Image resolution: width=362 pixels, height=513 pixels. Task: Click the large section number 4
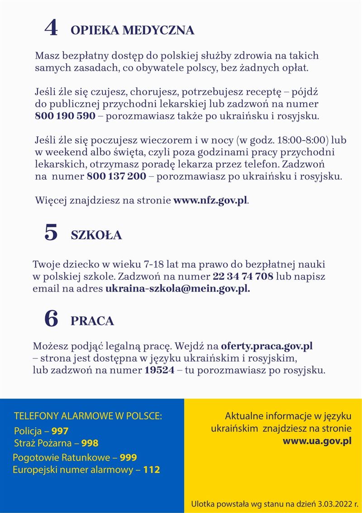pyautogui.click(x=51, y=28)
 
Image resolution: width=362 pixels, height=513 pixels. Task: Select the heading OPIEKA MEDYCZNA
pyautogui.click(x=133, y=30)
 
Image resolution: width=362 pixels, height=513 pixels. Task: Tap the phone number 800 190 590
pyautogui.click(x=65, y=116)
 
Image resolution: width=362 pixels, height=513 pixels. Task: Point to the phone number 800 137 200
pyautogui.click(x=116, y=176)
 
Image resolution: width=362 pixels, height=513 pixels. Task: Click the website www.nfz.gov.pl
pyautogui.click(x=210, y=200)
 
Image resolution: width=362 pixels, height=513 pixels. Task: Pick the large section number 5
pyautogui.click(x=51, y=233)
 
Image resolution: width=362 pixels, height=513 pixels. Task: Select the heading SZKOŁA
pyautogui.click(x=96, y=235)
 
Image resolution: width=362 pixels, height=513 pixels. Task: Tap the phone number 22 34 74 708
pyautogui.click(x=243, y=276)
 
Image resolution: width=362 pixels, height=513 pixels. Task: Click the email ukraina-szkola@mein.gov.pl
pyautogui.click(x=177, y=288)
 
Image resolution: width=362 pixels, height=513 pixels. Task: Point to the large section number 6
pyautogui.click(x=51, y=319)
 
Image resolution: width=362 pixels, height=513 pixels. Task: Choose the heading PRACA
pyautogui.click(x=92, y=321)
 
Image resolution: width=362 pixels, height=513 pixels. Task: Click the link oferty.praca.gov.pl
pyautogui.click(x=267, y=347)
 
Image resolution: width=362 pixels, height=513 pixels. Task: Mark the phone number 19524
pyautogui.click(x=159, y=371)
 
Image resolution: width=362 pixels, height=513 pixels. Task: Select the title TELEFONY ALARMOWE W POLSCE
pyautogui.click(x=88, y=416)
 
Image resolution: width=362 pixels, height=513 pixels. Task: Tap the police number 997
pyautogui.click(x=60, y=431)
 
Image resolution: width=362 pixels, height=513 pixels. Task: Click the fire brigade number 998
pyautogui.click(x=90, y=443)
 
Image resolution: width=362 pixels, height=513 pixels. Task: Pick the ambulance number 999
pyautogui.click(x=129, y=457)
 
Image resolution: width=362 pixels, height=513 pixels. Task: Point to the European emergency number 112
pyautogui.click(x=152, y=470)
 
